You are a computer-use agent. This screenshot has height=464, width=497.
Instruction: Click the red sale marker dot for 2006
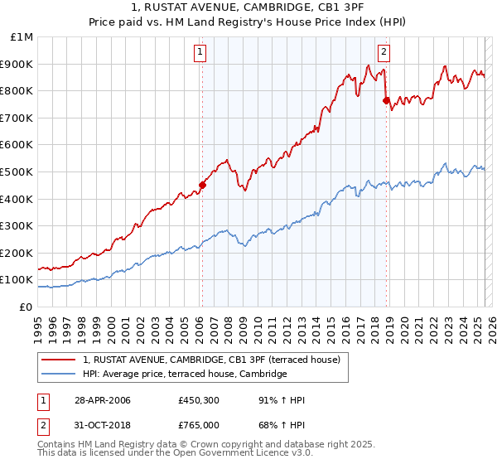[202, 186]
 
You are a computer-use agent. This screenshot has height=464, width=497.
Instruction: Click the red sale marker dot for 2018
[386, 100]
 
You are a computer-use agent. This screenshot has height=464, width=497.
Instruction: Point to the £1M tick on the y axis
[22, 37]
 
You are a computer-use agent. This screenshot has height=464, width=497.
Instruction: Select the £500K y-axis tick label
[17, 172]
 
